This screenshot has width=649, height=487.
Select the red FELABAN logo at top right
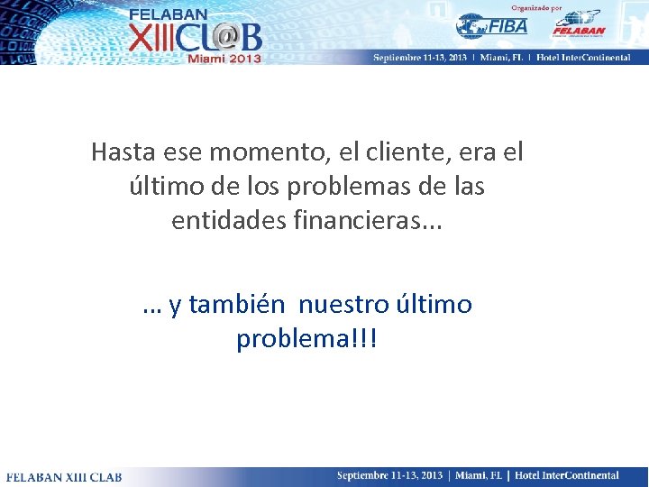coord(577,24)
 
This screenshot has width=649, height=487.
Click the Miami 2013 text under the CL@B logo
coord(224,58)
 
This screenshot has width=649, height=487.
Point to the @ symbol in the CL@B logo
coord(224,37)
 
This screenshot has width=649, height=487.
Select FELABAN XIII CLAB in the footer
coord(64,476)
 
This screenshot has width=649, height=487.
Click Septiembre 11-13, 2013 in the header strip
coord(419,57)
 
